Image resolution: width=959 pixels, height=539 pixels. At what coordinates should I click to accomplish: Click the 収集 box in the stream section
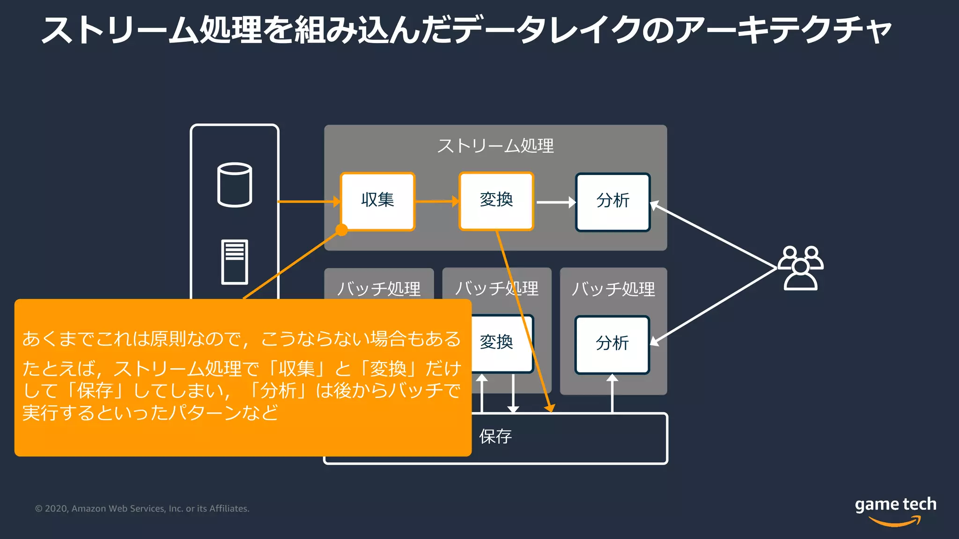tap(377, 201)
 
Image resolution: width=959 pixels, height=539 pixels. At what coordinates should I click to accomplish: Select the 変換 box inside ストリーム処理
tap(496, 201)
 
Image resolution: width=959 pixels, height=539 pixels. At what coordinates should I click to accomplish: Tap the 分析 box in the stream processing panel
tap(612, 202)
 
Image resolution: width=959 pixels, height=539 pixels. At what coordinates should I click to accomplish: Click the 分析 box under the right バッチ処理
tap(612, 344)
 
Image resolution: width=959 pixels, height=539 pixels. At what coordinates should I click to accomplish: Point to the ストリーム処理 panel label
tap(495, 146)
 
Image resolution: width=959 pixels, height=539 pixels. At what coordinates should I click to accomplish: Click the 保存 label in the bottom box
tap(495, 437)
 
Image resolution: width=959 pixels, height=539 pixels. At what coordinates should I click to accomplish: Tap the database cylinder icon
tap(235, 185)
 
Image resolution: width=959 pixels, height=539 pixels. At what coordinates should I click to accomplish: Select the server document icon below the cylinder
tap(235, 262)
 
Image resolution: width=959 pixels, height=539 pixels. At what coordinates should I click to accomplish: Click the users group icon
tap(801, 268)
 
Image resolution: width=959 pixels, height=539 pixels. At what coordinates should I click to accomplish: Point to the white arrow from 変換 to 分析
tap(555, 202)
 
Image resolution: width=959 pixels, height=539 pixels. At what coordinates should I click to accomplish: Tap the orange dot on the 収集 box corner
tap(342, 230)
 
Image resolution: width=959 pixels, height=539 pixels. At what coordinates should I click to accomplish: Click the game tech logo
tap(895, 510)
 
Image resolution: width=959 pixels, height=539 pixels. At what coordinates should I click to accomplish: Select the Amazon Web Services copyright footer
tap(142, 509)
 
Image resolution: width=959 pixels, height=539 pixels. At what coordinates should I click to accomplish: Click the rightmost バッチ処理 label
tap(613, 289)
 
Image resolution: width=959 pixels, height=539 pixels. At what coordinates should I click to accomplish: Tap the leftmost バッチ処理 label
tap(379, 289)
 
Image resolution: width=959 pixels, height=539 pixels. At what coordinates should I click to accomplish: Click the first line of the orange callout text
tap(241, 339)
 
